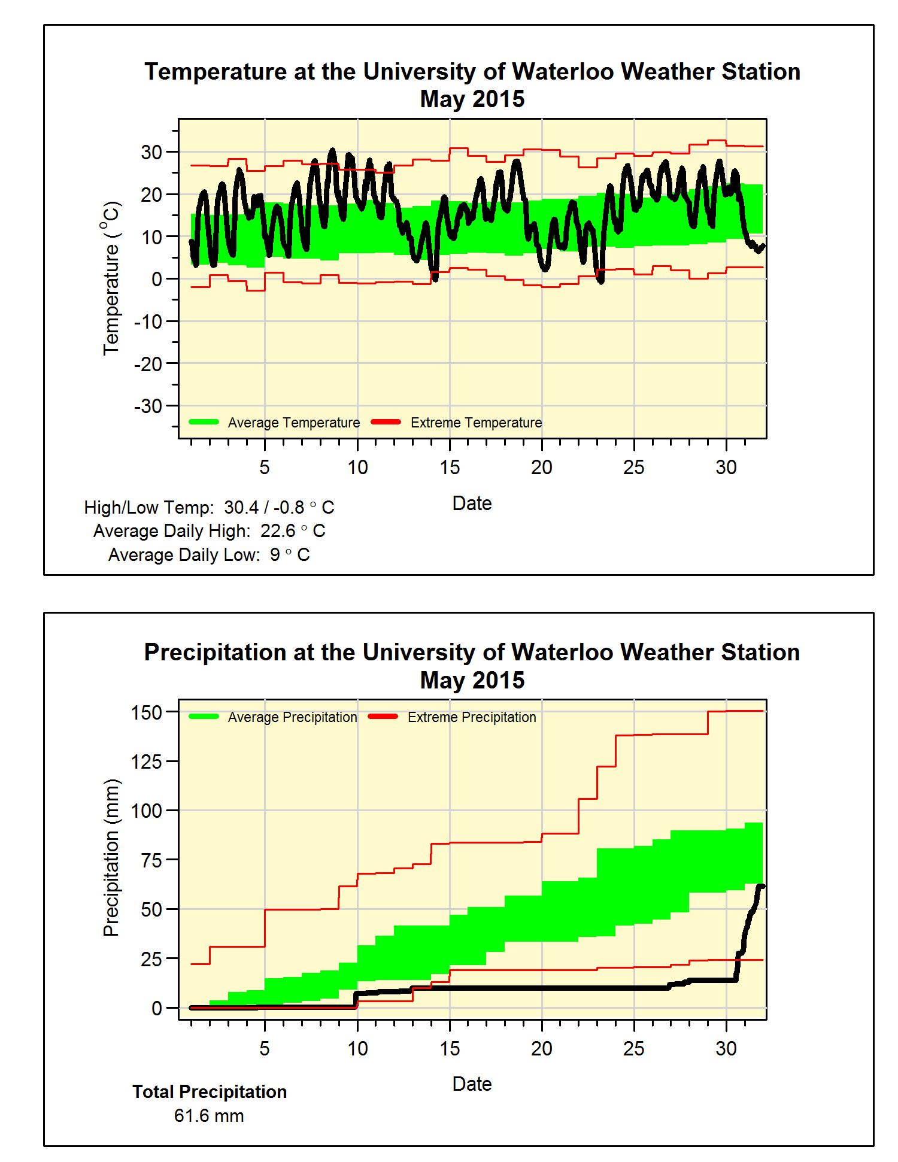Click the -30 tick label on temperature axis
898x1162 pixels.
(148, 406)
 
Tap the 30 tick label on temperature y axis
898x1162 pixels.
(151, 152)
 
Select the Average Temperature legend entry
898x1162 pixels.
(275, 423)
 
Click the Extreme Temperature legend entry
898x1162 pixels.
(457, 423)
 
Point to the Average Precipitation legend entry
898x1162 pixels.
(273, 717)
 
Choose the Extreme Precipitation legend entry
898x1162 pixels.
(453, 717)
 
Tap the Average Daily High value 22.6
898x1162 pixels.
(278, 531)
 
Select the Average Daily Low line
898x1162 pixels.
(209, 555)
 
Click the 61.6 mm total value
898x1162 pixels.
(209, 1116)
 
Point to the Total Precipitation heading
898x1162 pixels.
(210, 1092)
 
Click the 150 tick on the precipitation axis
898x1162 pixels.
(147, 712)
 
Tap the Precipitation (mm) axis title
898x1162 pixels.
(111, 857)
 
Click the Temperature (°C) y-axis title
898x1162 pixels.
(111, 278)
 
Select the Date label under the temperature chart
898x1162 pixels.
(472, 503)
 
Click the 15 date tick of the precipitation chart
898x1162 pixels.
(450, 1048)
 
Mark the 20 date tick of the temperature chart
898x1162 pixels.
(542, 467)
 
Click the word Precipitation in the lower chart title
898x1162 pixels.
(216, 653)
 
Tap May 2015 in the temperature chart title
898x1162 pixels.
(472, 99)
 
